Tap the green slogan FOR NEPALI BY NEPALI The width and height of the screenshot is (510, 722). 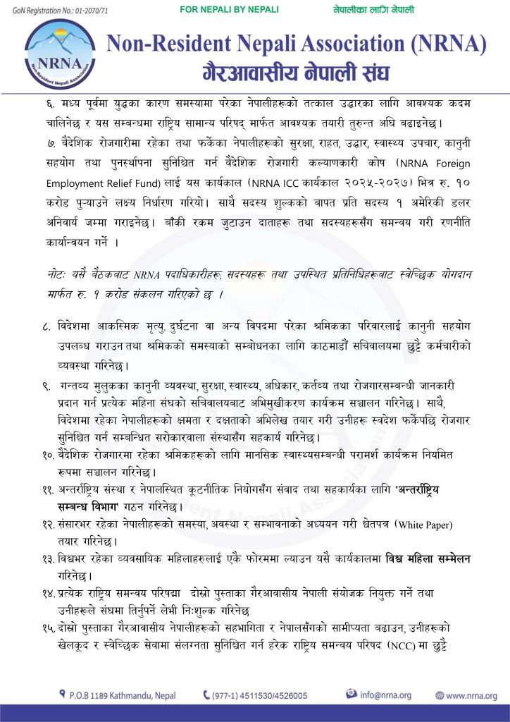pyautogui.click(x=230, y=10)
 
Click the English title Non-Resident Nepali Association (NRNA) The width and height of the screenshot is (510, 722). pyautogui.click(x=297, y=44)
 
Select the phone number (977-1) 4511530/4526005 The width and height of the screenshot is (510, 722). pyautogui.click(x=260, y=695)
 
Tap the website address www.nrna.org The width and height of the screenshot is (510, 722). pyautogui.click(x=471, y=695)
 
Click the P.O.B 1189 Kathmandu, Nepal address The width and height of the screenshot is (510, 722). pyautogui.click(x=123, y=695)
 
